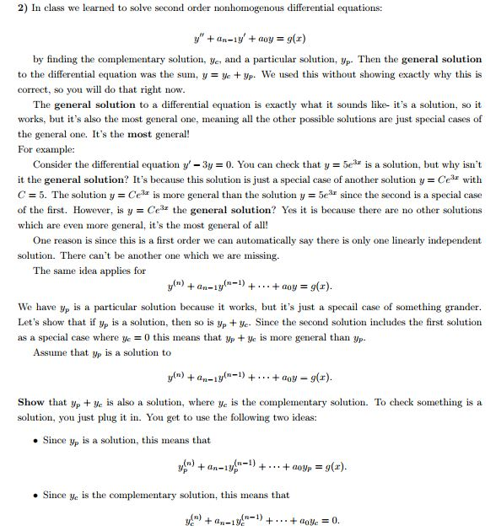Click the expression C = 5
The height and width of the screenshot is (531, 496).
(x=32, y=194)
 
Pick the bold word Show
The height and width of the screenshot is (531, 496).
(x=31, y=402)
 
